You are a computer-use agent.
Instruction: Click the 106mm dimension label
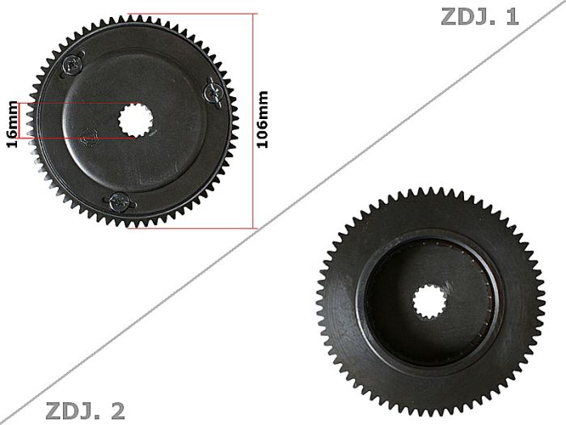click(x=262, y=118)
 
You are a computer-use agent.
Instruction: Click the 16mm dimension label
click(x=11, y=125)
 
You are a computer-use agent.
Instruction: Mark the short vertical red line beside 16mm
click(x=29, y=121)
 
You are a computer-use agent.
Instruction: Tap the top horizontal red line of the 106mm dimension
click(x=190, y=14)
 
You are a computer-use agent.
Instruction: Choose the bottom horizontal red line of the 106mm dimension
click(x=190, y=227)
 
